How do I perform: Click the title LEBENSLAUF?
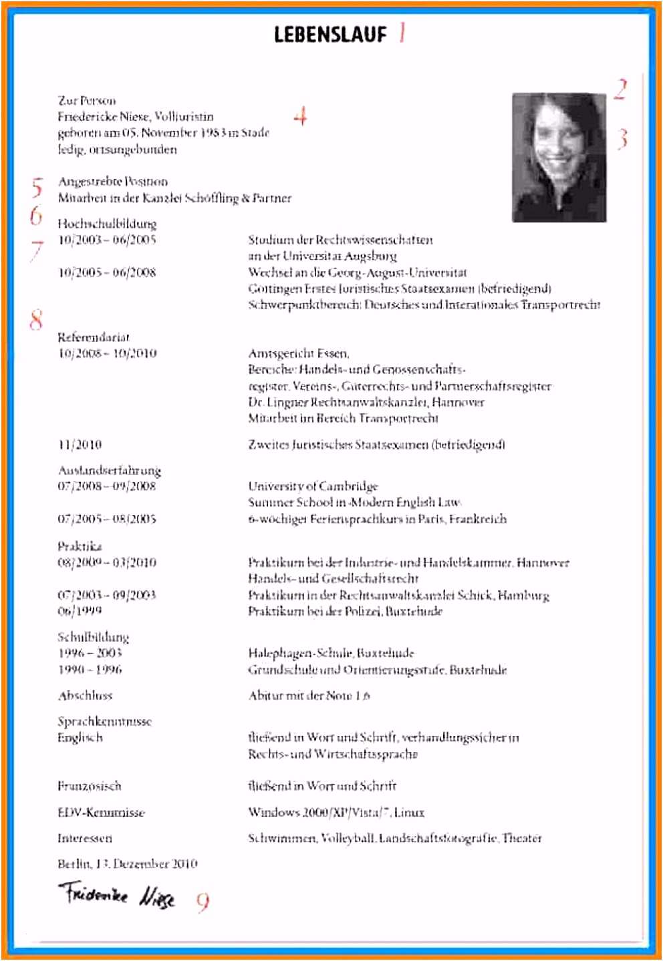coord(330,34)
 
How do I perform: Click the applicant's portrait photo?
coord(559,158)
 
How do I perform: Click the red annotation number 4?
coord(301,116)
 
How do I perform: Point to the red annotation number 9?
coord(203,902)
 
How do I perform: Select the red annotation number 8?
coord(36,319)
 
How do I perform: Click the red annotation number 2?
coord(621,89)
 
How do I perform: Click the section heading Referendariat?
coord(94,337)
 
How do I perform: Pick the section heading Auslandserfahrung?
coord(109,470)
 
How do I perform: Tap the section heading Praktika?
coord(80,546)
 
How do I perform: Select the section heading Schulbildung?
coord(93,636)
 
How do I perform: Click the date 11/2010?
coord(80,445)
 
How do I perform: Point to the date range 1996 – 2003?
coord(90,653)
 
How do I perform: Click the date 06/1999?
coord(80,611)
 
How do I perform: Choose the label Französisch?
coord(90,786)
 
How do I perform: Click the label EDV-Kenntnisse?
coord(101,813)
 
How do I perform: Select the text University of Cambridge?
coord(313,486)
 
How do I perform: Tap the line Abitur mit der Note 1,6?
coord(309,696)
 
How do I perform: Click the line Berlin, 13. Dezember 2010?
coord(127,864)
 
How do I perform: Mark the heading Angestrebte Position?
coord(113,182)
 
